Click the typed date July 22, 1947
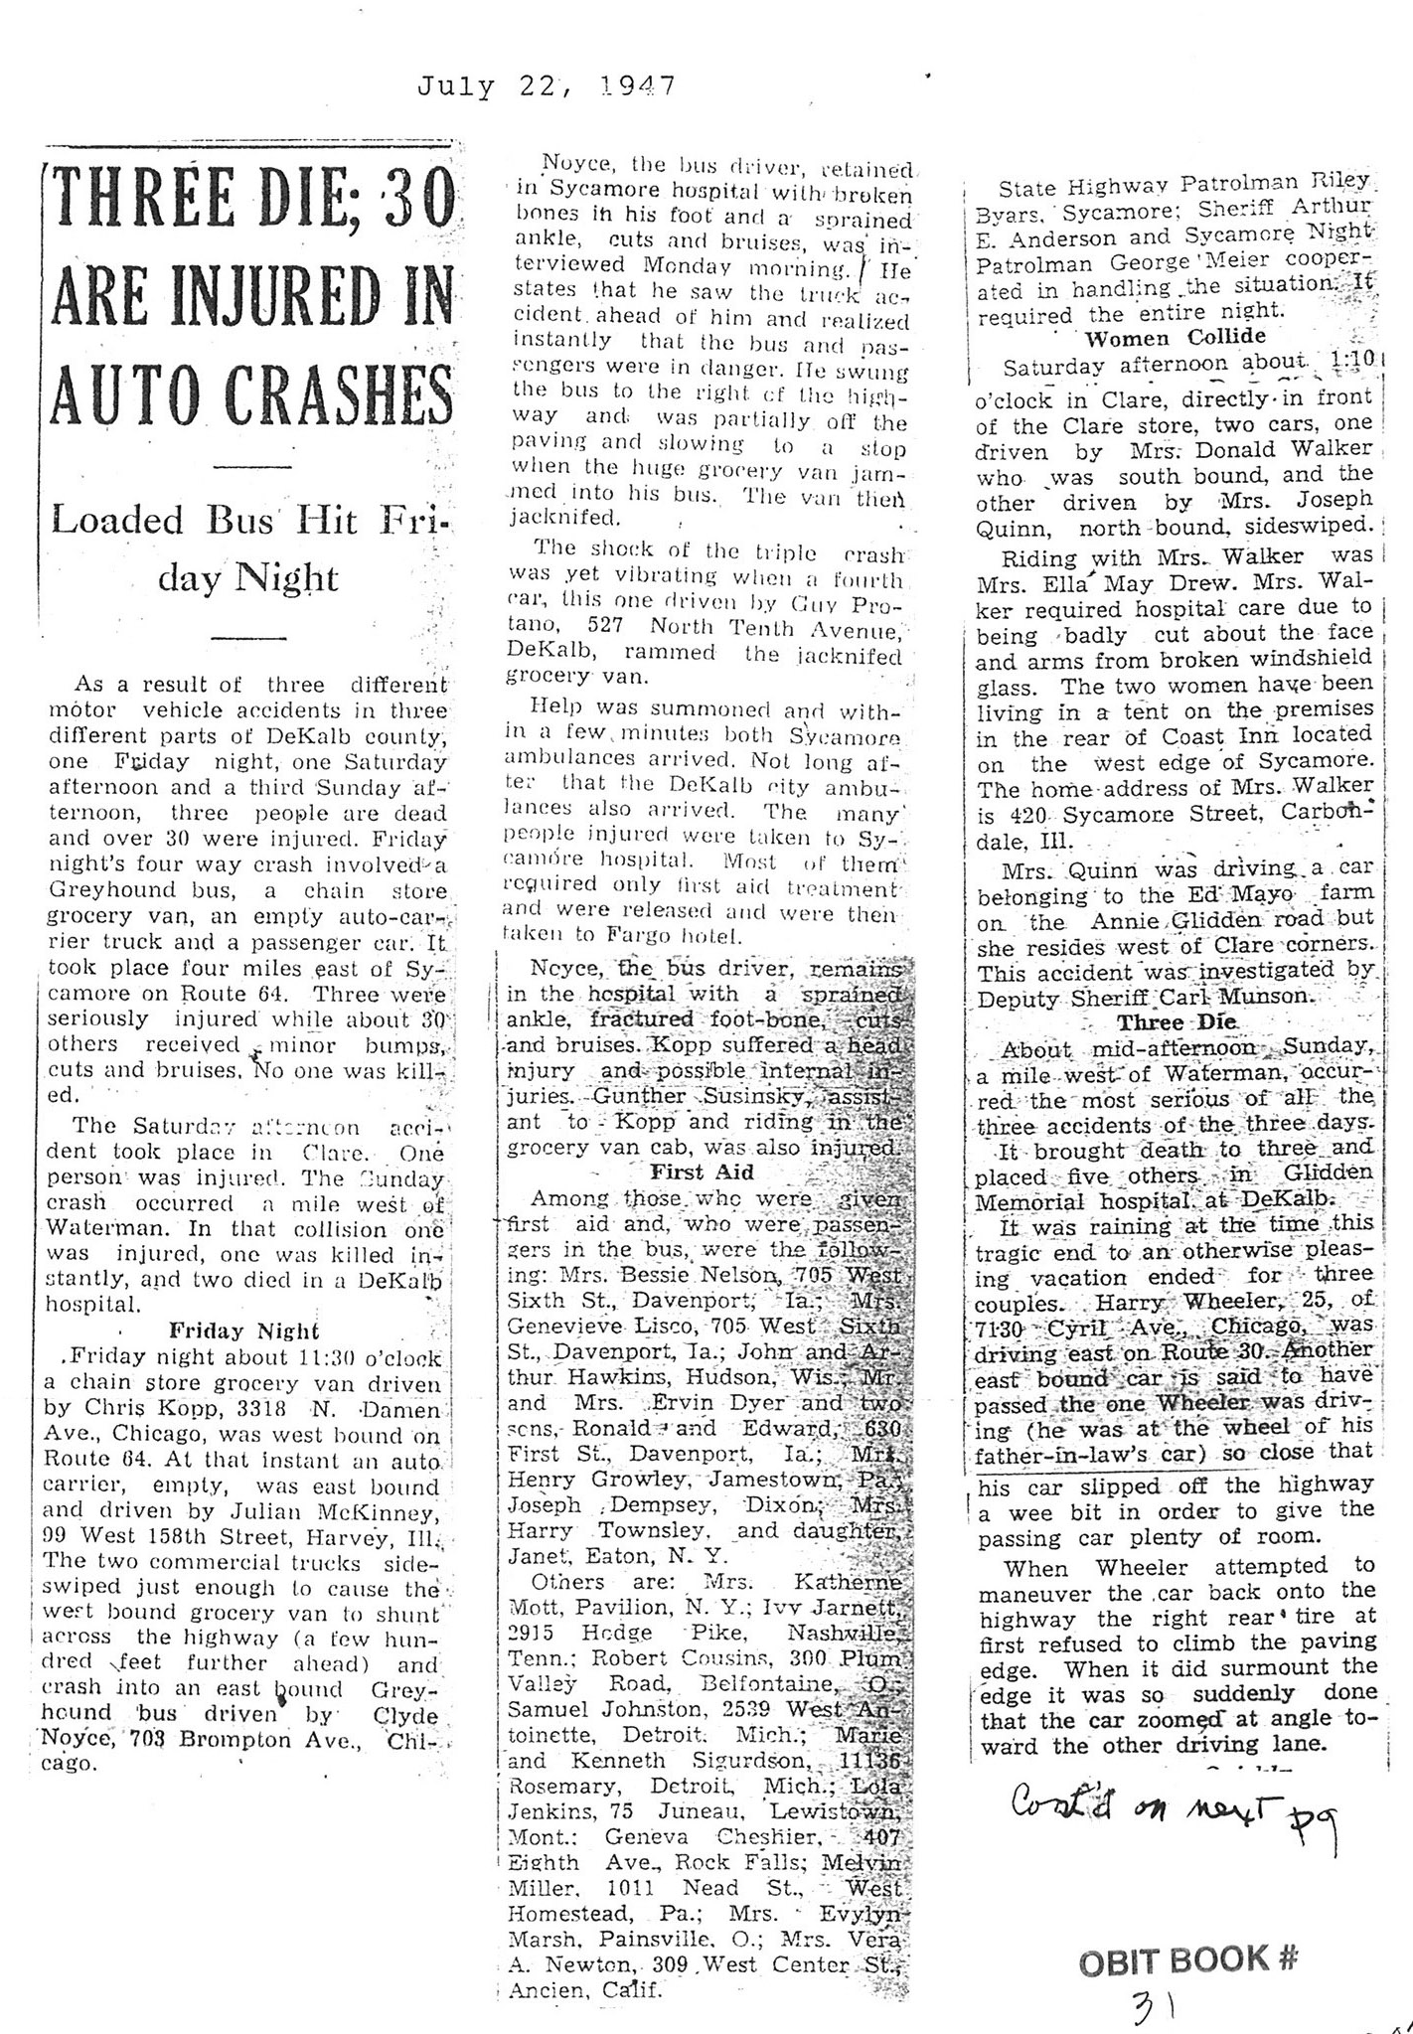tap(546, 86)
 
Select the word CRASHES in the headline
tap(336, 395)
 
